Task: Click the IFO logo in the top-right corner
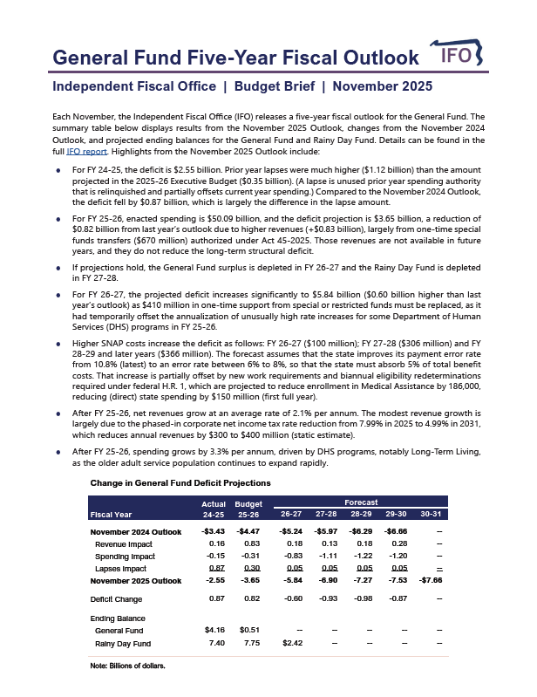(459, 57)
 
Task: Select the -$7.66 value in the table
(430, 580)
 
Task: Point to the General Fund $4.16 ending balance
(214, 629)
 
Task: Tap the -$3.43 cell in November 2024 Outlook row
(214, 530)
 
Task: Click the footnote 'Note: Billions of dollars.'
(128, 666)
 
